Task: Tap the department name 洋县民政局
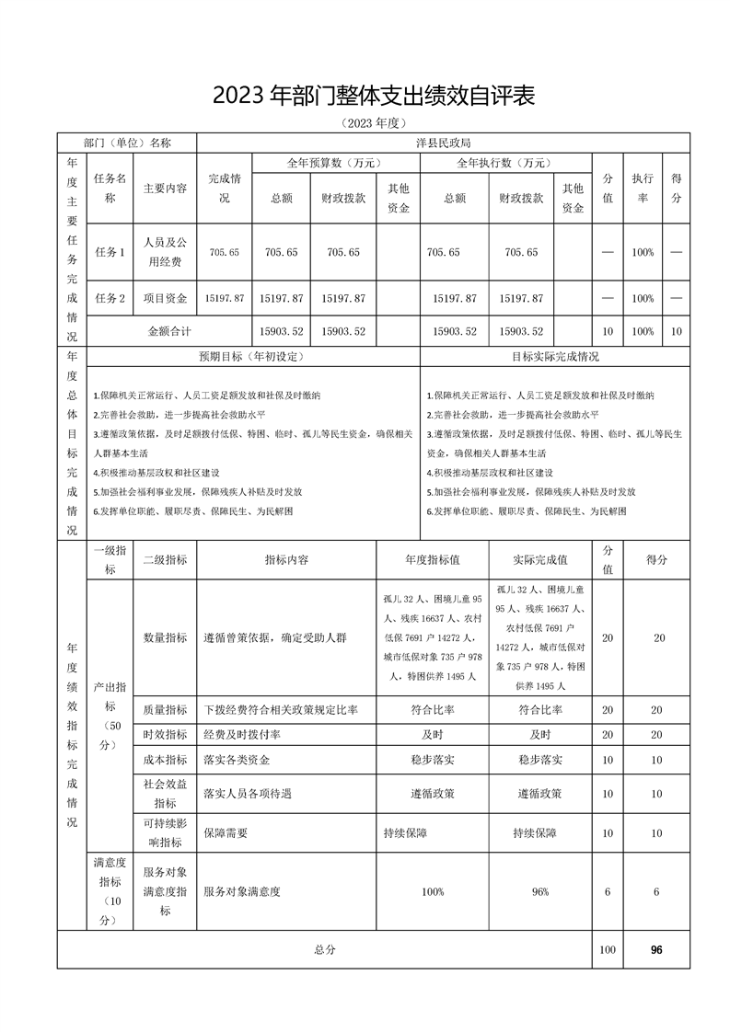coord(443,143)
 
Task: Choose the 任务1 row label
coord(110,252)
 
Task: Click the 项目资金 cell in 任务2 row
coord(165,298)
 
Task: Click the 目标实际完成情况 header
coord(555,356)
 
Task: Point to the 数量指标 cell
coord(165,637)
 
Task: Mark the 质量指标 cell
coord(165,709)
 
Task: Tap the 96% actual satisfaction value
coord(539,891)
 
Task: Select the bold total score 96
coord(656,950)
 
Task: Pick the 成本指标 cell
coord(165,760)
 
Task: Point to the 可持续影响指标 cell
coord(165,832)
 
